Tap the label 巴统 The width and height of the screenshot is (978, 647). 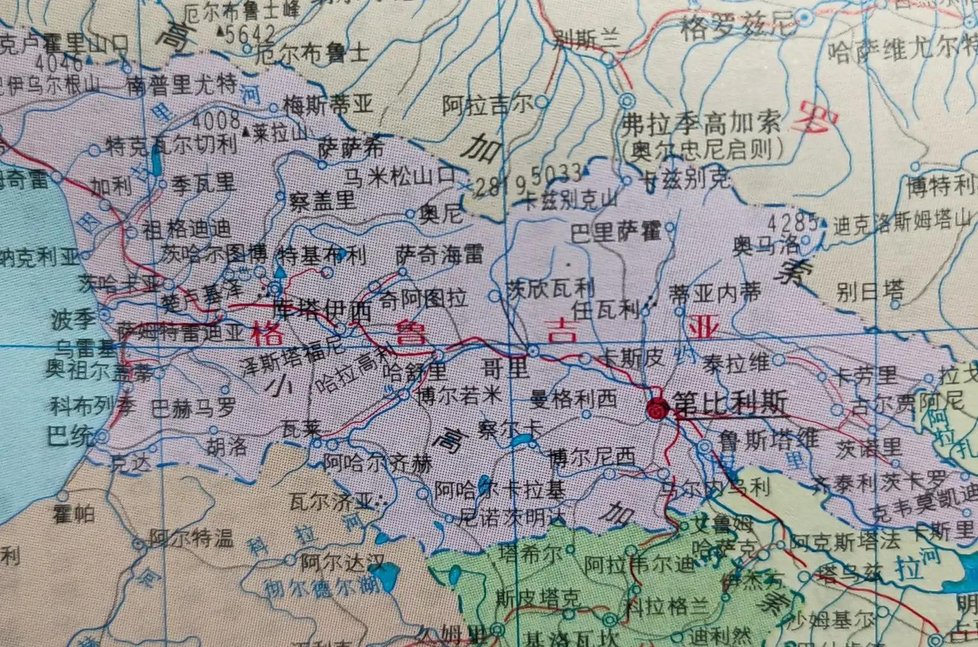tap(70, 437)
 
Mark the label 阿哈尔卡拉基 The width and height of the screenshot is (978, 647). tap(500, 491)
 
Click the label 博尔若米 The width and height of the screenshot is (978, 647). tap(457, 395)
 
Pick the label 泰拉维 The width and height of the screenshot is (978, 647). tap(736, 363)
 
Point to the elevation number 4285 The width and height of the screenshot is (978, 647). tap(792, 223)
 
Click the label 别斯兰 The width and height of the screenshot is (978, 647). tap(586, 40)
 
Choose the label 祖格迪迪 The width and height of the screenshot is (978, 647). tap(187, 229)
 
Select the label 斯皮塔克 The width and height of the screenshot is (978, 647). tap(538, 599)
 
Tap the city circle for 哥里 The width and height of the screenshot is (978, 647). tap(534, 350)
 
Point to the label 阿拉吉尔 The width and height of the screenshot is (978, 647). tap(487, 104)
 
